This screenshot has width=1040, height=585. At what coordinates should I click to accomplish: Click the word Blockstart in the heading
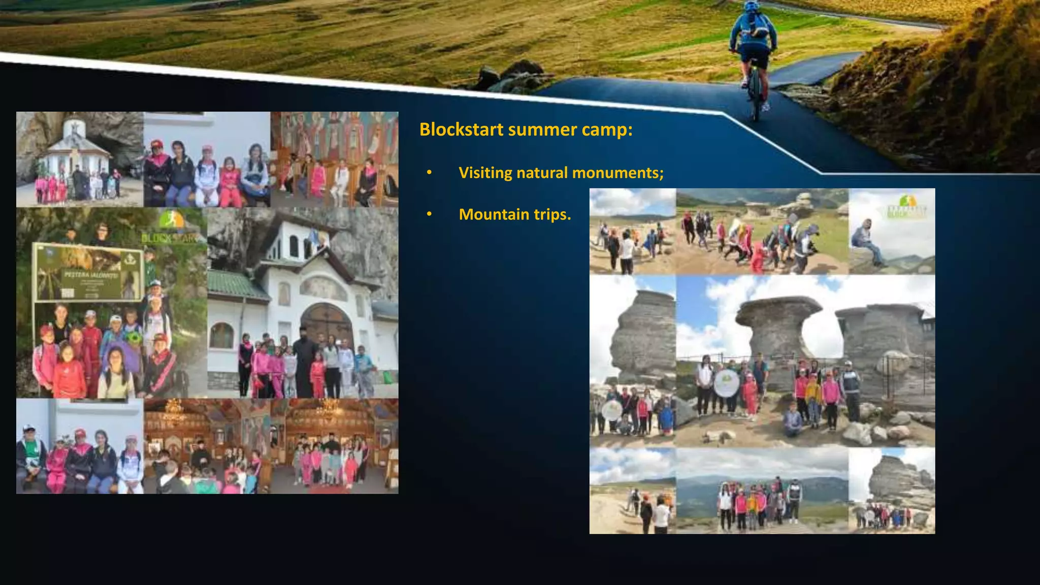point(461,129)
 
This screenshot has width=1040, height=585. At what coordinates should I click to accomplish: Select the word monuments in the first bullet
point(615,173)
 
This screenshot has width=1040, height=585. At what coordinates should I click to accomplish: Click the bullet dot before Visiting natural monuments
point(429,173)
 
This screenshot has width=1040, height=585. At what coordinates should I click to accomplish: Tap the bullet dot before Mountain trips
point(429,214)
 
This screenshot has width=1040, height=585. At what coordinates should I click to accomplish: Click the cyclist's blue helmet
point(751,7)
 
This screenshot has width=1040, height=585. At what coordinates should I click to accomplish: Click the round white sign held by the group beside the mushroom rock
point(726,383)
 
